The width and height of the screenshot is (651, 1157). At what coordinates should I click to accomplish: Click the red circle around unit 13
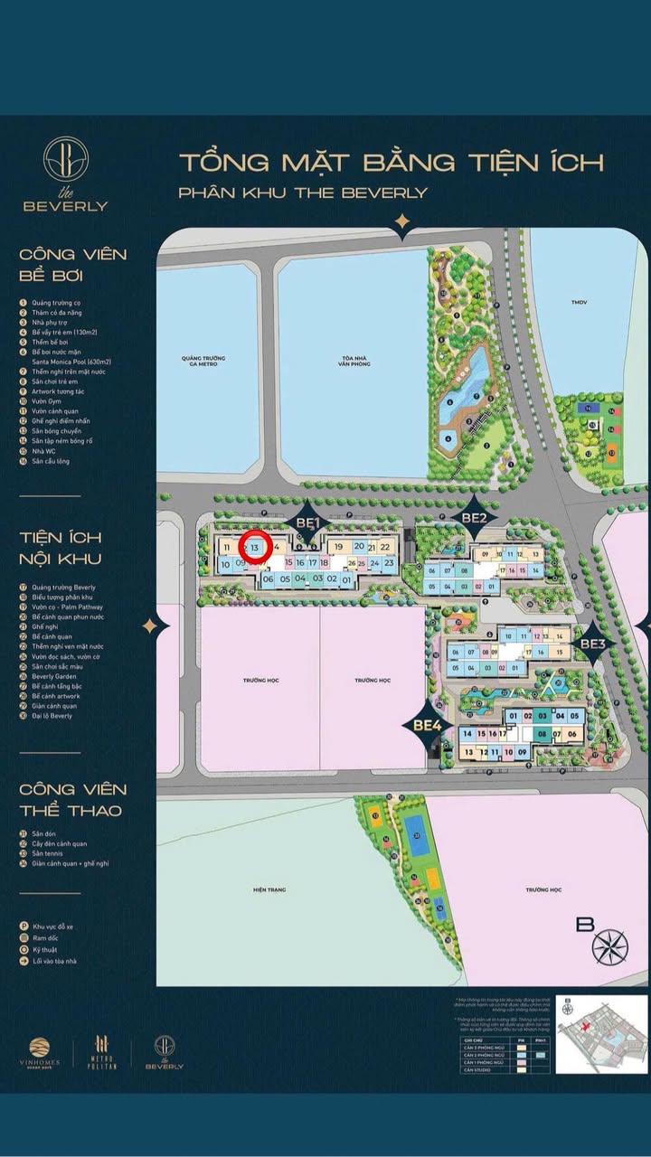point(255,547)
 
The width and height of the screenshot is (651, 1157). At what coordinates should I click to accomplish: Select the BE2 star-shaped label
point(474,517)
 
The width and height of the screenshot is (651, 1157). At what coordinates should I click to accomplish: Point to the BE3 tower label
point(592,644)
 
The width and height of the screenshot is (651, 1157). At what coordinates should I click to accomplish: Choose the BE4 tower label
point(427,724)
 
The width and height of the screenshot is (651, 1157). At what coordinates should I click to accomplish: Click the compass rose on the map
point(609,946)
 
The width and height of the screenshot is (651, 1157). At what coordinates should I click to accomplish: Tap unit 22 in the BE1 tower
point(385,547)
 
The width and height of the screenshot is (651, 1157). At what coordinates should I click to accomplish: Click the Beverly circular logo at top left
point(65,159)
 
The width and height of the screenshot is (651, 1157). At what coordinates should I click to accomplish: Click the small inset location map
point(600,1034)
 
